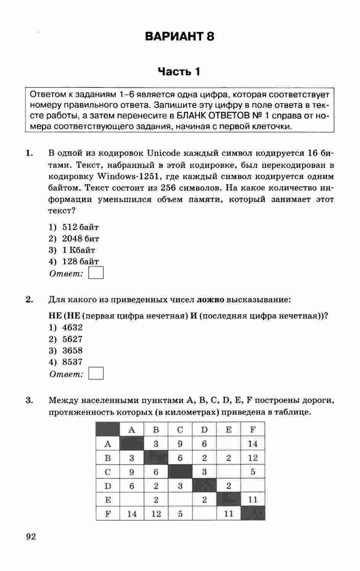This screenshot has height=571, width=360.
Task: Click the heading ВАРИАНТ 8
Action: [x=179, y=37]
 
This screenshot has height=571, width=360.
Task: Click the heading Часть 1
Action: [x=179, y=72]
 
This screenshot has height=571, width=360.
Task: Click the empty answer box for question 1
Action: [x=96, y=273]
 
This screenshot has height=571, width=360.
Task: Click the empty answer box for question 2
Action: [x=96, y=374]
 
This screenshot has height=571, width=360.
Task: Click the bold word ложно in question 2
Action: [x=210, y=300]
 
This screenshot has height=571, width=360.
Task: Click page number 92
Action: [x=31, y=537]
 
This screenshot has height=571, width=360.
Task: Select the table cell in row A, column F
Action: [x=253, y=444]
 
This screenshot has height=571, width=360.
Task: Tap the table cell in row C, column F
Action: [x=253, y=472]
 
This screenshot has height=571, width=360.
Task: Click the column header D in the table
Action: [x=205, y=430]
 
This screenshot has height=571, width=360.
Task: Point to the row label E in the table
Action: [x=108, y=500]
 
